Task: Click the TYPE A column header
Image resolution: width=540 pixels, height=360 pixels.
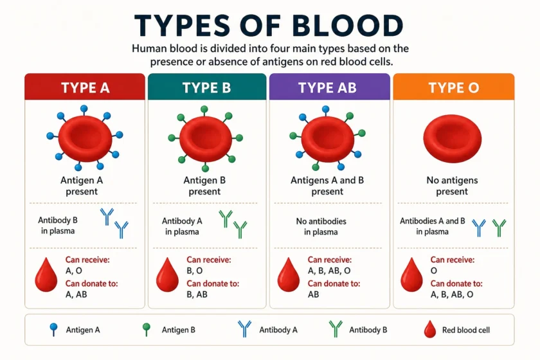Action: pos(85,87)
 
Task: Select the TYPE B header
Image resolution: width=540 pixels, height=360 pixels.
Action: pos(207,87)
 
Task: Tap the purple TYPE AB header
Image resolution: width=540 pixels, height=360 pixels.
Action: pos(330,87)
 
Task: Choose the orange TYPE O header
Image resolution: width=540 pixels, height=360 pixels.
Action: pos(454,87)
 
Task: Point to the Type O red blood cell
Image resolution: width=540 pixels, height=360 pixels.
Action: pos(452,138)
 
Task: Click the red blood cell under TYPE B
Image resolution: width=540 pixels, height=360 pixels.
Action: pos(206,138)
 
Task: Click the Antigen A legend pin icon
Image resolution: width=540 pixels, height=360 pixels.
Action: pos(53,329)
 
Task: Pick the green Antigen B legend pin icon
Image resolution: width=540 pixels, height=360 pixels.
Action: pos(147,329)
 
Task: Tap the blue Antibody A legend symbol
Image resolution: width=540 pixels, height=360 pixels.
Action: pos(244,328)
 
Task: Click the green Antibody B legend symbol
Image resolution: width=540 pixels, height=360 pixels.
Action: pos(336,328)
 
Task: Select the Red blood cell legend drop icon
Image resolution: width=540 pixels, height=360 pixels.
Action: pos(430,329)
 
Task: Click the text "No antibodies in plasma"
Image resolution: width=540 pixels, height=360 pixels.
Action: pos(321,226)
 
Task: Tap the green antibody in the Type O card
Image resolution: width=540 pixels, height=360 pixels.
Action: pos(499,228)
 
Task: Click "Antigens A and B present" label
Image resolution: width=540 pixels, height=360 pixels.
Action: pos(327,186)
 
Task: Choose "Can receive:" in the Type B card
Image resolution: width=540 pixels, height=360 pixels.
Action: pos(209,260)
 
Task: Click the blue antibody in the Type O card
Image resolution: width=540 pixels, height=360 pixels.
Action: pos(479,228)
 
